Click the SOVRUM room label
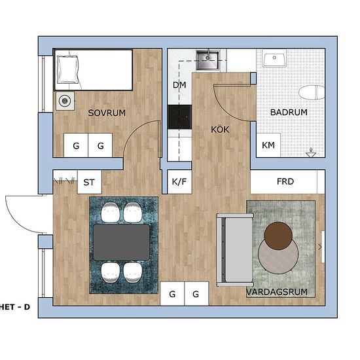tap(107, 113)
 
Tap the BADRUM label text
tap(289, 112)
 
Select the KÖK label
tap(220, 129)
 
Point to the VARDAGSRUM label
tap(277, 292)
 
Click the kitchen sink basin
tap(207, 60)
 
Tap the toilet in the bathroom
tap(312, 92)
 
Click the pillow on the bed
tap(67, 69)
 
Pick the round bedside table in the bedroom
tap(65, 101)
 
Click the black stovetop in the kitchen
tap(179, 117)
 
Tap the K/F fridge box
tap(179, 182)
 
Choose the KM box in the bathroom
tap(268, 145)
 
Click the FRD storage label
tap(285, 181)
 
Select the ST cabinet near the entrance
tap(89, 183)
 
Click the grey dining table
tap(122, 242)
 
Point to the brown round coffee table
tap(278, 235)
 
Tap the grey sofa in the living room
tap(235, 250)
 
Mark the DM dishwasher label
tap(179, 85)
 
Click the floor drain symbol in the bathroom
tap(311, 153)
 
